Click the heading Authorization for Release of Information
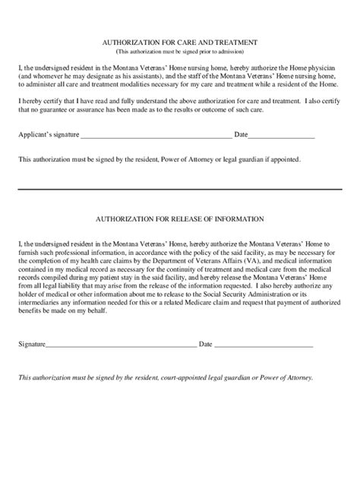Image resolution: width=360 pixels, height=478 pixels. [x=179, y=219]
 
